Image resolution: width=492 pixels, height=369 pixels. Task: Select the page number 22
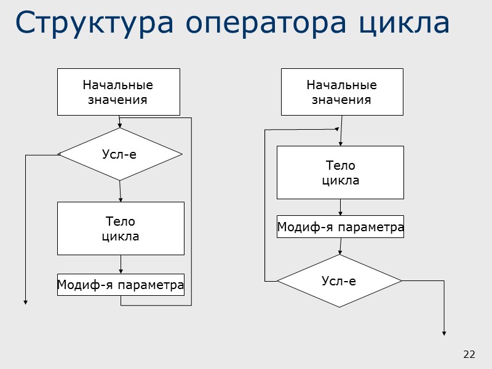469,354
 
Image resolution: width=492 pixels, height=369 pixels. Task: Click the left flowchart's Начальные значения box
119,92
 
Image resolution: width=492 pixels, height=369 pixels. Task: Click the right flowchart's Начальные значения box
342,92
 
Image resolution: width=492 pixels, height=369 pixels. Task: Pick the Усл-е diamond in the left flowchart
120,154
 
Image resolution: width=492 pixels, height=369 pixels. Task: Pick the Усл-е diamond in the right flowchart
339,281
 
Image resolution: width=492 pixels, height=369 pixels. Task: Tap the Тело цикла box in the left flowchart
121,228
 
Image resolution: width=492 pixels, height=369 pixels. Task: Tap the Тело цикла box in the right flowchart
340,172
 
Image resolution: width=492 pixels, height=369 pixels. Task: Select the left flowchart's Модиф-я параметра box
121,285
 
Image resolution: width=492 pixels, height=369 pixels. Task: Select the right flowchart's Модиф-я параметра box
340,227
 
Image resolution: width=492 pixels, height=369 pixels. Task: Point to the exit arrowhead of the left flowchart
25,301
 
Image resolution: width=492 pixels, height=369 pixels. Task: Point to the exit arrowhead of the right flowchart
444,332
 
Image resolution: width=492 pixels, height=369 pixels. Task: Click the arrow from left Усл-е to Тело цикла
121,191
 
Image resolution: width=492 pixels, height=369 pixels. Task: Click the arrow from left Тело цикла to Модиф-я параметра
121,264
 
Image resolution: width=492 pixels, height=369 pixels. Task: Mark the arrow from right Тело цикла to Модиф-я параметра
340,207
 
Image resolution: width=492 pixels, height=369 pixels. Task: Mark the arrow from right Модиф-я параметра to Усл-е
340,246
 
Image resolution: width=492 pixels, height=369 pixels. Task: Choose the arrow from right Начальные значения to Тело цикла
341,130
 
